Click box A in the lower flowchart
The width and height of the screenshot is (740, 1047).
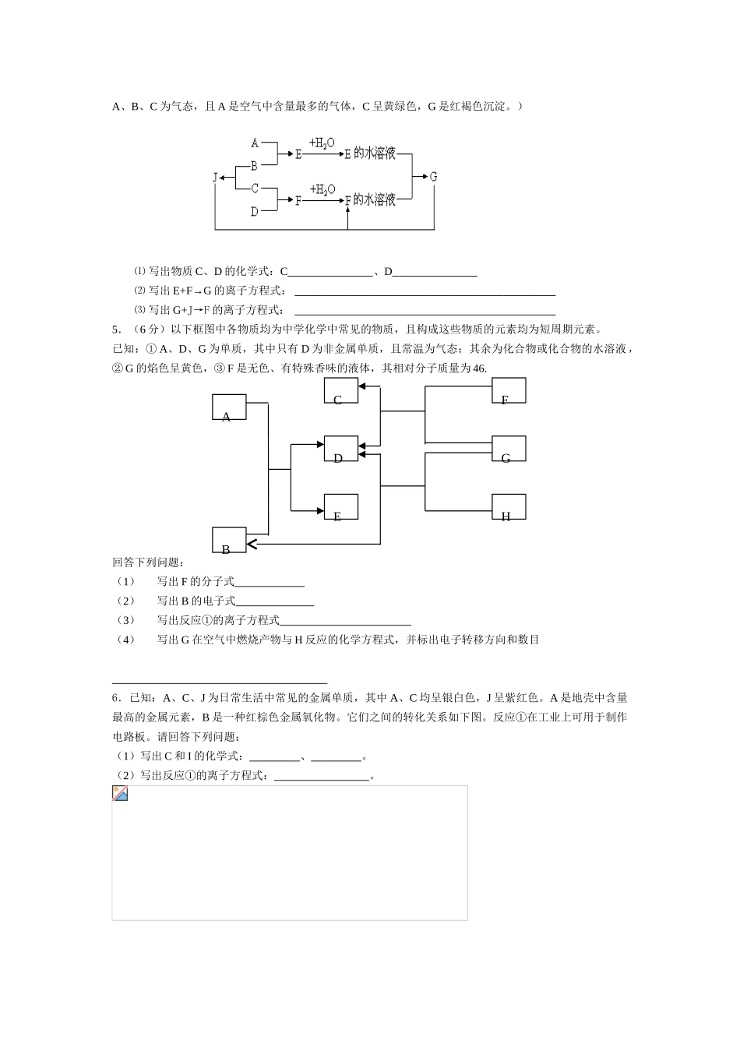click(229, 407)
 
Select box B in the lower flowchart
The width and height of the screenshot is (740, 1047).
click(229, 540)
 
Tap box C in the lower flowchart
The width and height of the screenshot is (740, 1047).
click(341, 390)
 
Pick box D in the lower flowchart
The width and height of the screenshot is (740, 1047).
click(341, 449)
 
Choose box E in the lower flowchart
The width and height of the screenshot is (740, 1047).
click(341, 506)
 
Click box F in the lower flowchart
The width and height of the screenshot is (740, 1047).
click(509, 390)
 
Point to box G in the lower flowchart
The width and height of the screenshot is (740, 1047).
click(509, 449)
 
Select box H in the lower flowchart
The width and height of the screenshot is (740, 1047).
click(509, 506)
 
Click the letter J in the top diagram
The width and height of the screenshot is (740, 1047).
click(215, 178)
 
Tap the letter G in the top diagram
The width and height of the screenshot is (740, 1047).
click(434, 177)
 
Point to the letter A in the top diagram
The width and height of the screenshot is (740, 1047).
click(255, 143)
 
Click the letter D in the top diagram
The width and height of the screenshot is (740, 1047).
click(255, 211)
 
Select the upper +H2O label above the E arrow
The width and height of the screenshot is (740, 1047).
click(322, 143)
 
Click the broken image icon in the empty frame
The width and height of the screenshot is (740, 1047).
click(120, 794)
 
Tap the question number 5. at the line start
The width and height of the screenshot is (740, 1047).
click(116, 329)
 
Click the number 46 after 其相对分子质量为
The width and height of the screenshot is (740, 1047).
click(479, 368)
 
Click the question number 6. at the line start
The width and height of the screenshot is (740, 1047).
click(116, 698)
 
